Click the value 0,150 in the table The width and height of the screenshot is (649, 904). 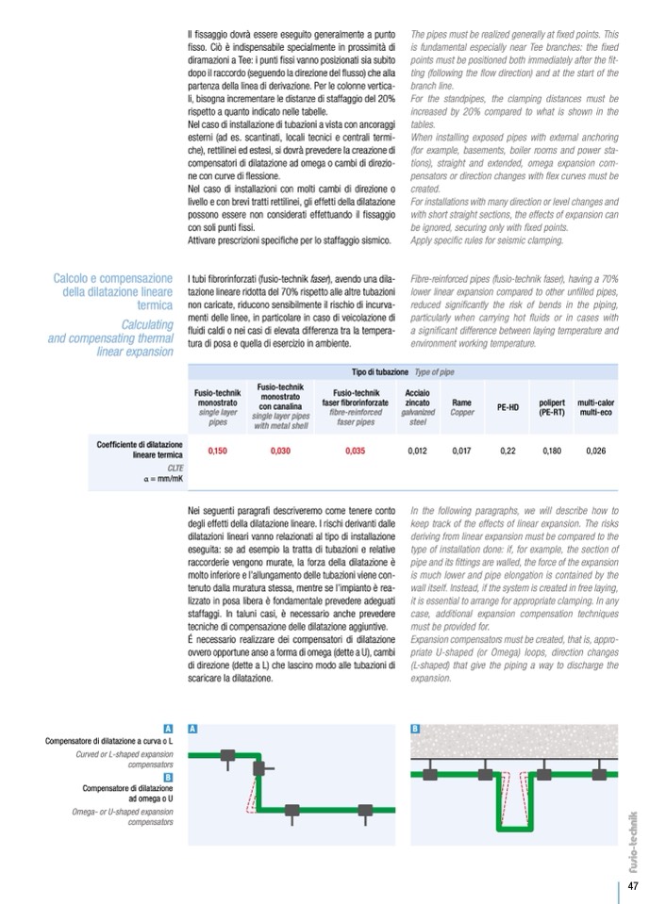pyautogui.click(x=218, y=451)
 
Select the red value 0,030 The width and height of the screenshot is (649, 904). pyautogui.click(x=280, y=451)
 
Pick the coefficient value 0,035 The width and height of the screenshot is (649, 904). pyautogui.click(x=356, y=451)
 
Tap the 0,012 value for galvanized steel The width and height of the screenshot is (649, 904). pyautogui.click(x=418, y=451)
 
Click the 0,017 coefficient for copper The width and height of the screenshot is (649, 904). pyautogui.click(x=461, y=451)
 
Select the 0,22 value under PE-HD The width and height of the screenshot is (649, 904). pyautogui.click(x=508, y=451)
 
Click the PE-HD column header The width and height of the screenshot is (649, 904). pyautogui.click(x=508, y=408)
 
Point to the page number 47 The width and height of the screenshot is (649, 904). pyautogui.click(x=633, y=886)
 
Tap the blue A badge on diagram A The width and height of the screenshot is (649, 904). pyautogui.click(x=192, y=729)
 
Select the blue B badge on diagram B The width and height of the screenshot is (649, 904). pyautogui.click(x=416, y=729)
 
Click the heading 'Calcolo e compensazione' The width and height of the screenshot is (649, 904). pyautogui.click(x=112, y=279)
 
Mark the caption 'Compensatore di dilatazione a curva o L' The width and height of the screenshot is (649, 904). pyautogui.click(x=109, y=741)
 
